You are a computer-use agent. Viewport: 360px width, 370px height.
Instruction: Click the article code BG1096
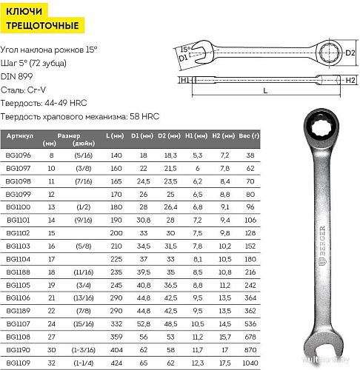pyautogui.click(x=19, y=155)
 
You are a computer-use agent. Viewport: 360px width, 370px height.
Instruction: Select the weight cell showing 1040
pyautogui.click(x=250, y=363)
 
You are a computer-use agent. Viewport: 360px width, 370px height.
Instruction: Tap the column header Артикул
pyautogui.click(x=20, y=136)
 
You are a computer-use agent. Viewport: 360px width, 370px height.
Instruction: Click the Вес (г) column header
pyautogui.click(x=249, y=136)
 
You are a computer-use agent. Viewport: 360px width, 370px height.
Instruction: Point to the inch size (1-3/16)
pyautogui.click(x=84, y=350)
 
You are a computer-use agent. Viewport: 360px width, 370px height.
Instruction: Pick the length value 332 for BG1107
pyautogui.click(x=116, y=324)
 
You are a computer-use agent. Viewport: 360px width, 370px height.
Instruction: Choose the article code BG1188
pyautogui.click(x=19, y=272)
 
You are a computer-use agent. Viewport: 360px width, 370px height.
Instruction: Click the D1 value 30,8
pyautogui.click(x=144, y=220)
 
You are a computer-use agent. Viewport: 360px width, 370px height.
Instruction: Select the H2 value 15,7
pyautogui.click(x=225, y=337)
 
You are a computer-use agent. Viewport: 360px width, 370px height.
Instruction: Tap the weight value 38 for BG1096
pyautogui.click(x=250, y=155)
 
